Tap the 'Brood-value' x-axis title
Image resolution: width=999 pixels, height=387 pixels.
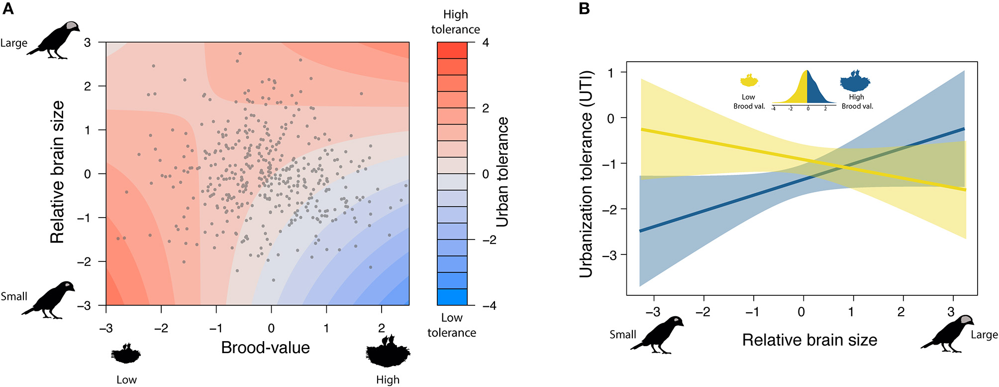tap(265, 348)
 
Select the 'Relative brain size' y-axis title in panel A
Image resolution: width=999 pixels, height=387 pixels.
tap(58, 172)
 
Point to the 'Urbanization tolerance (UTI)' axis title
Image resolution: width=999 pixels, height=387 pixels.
tap(586, 174)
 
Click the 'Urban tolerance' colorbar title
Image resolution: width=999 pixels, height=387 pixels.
tap(502, 172)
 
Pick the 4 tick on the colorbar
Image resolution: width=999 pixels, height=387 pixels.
tap(486, 43)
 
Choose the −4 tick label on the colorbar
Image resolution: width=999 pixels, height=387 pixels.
tap(489, 306)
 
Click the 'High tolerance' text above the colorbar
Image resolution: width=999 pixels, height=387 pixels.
tap(455, 22)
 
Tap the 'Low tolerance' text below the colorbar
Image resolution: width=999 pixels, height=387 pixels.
tap(452, 325)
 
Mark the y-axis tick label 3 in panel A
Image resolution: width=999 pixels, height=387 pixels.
tap(88, 43)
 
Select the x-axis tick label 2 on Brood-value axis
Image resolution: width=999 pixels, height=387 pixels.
tap(381, 328)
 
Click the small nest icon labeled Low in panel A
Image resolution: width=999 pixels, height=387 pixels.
tap(126, 353)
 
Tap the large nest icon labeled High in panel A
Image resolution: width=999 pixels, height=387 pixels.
tap(388, 351)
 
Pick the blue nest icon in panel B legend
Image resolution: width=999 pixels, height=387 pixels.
tap(855, 80)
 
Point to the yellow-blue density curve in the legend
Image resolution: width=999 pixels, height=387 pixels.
tap(803, 90)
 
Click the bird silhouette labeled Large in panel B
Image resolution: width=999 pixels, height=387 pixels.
tap(947, 334)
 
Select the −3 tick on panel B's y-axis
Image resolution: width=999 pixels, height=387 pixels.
tap(610, 256)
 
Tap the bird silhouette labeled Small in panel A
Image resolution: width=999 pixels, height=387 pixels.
tap(49, 300)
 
